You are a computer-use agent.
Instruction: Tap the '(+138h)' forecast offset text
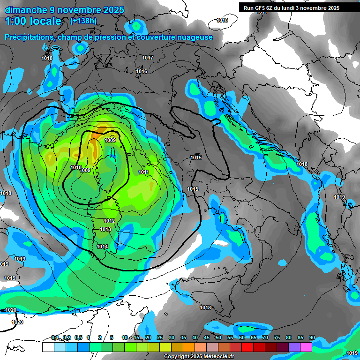point(83,21)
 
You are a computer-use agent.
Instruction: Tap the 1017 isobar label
point(148,58)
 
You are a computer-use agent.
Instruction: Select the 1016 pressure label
point(142,71)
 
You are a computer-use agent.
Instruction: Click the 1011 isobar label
point(144,172)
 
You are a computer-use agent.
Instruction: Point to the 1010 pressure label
point(75,167)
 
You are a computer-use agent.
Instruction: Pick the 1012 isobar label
point(109,221)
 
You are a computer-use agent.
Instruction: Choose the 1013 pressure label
point(105,229)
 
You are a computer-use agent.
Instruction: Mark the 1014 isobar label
point(102,247)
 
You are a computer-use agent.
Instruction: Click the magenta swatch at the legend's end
point(306,347)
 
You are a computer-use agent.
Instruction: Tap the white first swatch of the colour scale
point(48,347)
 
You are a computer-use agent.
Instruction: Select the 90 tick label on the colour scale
point(312,338)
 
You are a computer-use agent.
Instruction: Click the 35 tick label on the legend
point(183,338)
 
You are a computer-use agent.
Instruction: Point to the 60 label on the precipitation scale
point(242,338)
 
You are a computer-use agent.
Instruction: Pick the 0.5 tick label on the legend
point(78,338)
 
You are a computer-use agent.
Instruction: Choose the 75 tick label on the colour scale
point(277,338)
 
